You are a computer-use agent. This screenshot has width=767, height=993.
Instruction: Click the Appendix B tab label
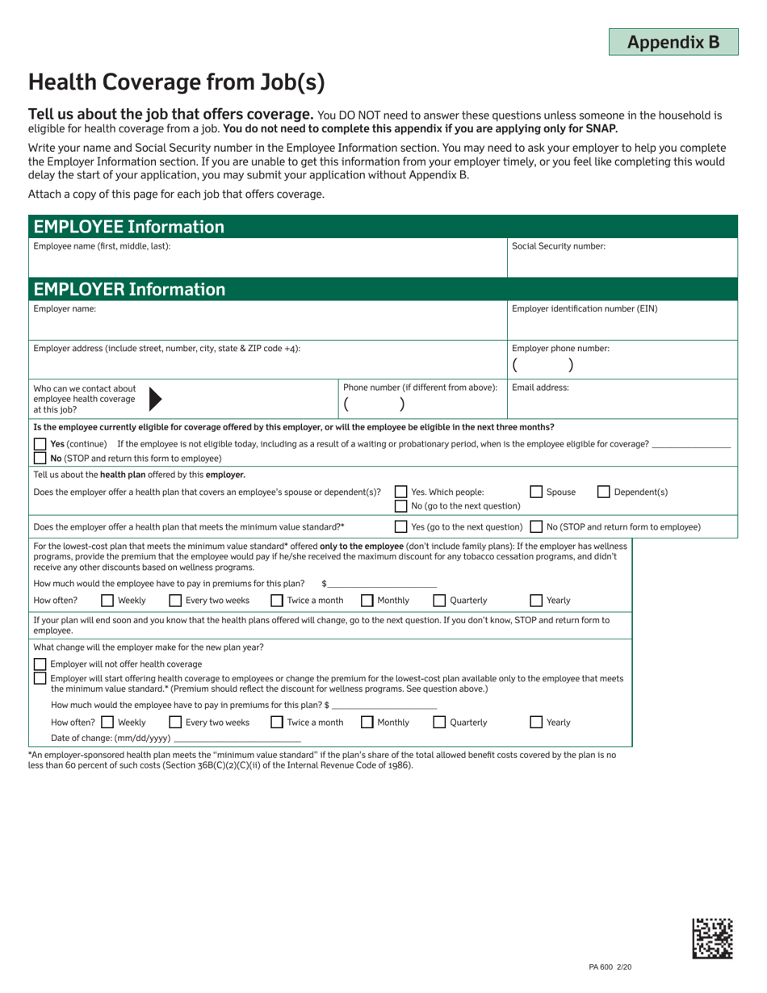click(x=673, y=42)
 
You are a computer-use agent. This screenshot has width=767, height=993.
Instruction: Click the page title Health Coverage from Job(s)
click(x=177, y=82)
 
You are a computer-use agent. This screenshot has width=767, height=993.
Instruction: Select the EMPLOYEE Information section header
click(x=127, y=227)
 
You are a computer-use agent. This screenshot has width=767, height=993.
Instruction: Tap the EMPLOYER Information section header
click(x=129, y=289)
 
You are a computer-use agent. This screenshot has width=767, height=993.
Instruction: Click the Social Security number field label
click(x=559, y=246)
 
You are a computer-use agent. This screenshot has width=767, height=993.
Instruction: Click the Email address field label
click(x=540, y=388)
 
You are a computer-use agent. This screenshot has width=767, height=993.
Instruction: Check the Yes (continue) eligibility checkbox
click(x=40, y=445)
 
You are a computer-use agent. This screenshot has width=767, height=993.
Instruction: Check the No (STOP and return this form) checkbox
click(x=40, y=458)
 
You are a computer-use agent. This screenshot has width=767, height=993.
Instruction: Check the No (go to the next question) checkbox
click(x=400, y=506)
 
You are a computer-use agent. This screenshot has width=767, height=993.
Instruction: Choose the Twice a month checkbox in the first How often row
click(x=277, y=600)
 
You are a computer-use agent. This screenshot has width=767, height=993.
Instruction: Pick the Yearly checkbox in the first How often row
click(x=536, y=600)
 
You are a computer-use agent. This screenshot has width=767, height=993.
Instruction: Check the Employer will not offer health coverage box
click(x=40, y=664)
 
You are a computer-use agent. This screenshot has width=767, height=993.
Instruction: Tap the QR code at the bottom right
click(x=712, y=938)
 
